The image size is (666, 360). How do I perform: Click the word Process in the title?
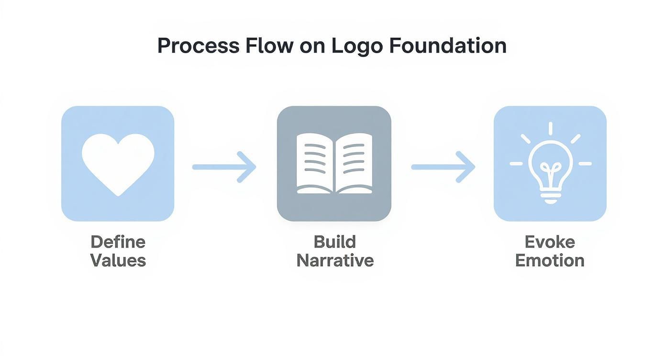point(199,46)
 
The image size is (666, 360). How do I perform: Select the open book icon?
point(334,164)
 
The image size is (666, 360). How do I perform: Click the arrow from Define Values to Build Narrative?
point(224,167)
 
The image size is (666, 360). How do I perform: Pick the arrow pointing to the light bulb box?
point(443,167)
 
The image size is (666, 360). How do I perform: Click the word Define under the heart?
point(118,242)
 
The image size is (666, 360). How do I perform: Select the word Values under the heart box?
point(118,261)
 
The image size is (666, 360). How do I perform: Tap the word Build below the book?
point(334,242)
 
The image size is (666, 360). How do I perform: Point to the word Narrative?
point(334,261)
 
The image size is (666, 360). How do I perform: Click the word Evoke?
point(550,242)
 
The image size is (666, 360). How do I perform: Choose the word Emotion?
point(550,261)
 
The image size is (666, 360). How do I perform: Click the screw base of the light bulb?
point(550,196)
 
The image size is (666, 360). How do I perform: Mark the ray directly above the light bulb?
point(550,128)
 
